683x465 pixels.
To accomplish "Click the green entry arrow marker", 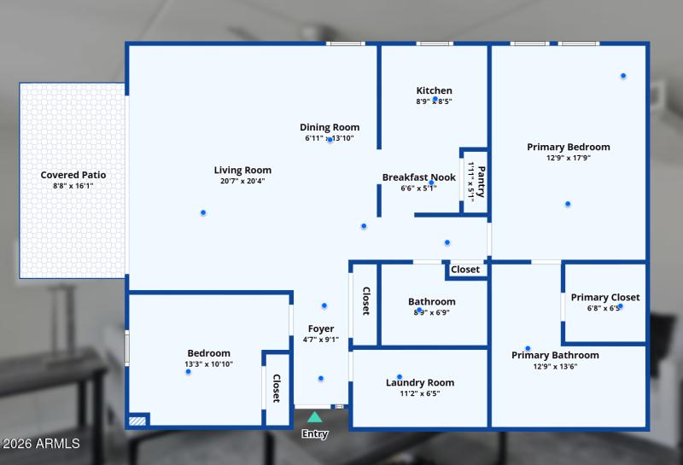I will click(315, 417).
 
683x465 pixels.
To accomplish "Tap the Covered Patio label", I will click(73, 175).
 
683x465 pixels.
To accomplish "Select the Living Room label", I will click(242, 170).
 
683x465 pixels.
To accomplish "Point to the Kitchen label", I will click(434, 90).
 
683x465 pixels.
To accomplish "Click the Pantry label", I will click(481, 181).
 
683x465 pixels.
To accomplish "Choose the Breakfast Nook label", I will click(418, 177).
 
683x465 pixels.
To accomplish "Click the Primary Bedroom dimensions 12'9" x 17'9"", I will click(569, 158).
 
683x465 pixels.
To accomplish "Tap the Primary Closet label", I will click(604, 297).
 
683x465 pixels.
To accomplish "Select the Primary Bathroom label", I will click(555, 355).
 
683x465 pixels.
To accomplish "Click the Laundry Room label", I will click(420, 382).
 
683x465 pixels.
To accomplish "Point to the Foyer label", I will click(321, 328).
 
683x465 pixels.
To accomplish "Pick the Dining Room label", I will click(330, 127).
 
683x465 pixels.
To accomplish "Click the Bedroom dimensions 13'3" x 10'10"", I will click(209, 364).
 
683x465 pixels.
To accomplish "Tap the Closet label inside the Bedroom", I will click(277, 388).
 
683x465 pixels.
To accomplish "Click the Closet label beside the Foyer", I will click(365, 300).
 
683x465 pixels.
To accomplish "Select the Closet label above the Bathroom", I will click(465, 270).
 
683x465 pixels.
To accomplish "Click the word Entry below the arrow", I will click(315, 434).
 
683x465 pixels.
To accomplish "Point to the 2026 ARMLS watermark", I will click(41, 444).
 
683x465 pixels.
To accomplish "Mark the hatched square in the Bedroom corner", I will click(137, 420).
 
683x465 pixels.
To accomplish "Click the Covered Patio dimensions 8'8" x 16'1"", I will click(73, 186).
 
